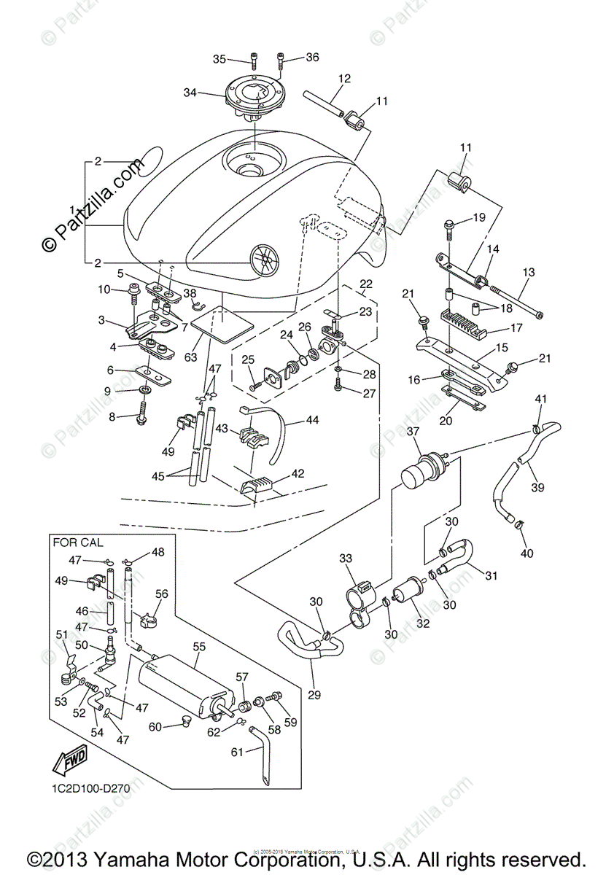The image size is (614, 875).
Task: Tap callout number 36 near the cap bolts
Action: [x=312, y=57]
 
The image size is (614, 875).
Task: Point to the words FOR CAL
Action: [x=77, y=542]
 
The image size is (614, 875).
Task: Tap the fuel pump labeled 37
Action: [x=426, y=474]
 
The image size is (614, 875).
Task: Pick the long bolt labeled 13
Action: [x=518, y=301]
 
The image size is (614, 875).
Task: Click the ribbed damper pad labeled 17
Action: [x=465, y=322]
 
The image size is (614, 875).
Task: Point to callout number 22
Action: [x=365, y=283]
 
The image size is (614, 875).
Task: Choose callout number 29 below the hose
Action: [x=314, y=694]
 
